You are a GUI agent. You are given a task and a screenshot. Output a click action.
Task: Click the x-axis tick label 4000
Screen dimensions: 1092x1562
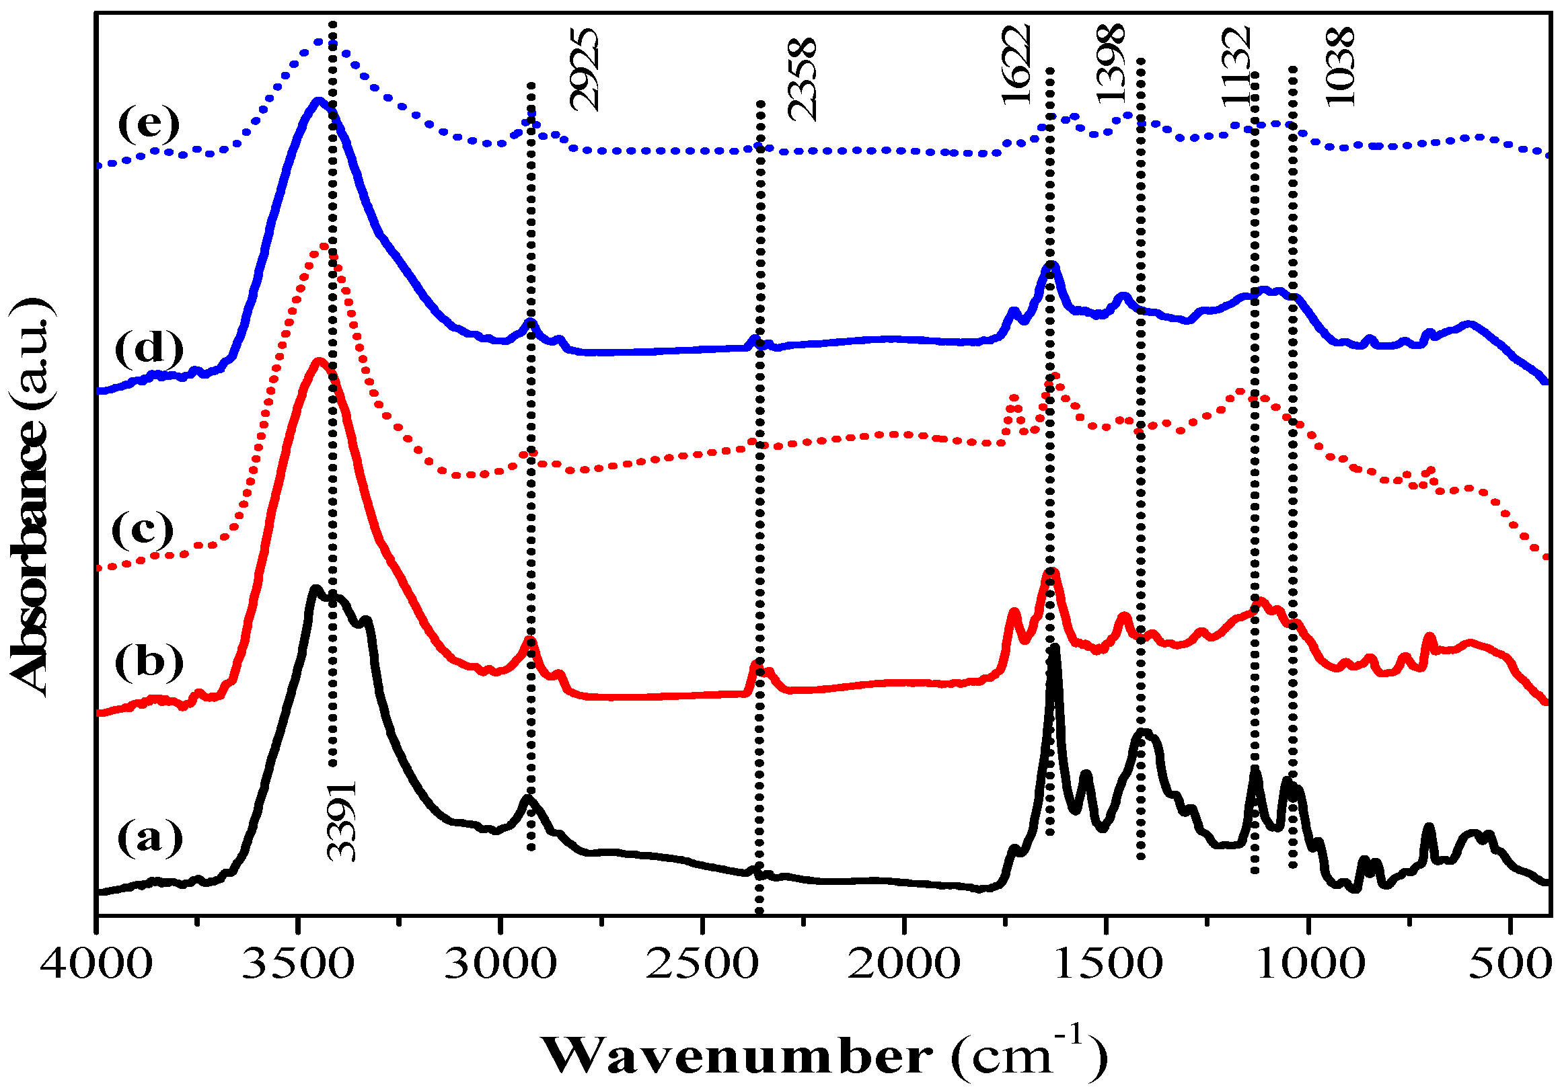pos(96,964)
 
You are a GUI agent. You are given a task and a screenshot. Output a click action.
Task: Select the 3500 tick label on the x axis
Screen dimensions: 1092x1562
pos(298,964)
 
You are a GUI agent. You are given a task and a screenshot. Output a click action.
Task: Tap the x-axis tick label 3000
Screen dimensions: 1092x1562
pos(500,964)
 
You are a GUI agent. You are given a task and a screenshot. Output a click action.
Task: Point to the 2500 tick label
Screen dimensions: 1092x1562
pos(702,964)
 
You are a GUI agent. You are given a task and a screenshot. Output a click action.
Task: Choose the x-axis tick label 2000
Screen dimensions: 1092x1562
pos(903,964)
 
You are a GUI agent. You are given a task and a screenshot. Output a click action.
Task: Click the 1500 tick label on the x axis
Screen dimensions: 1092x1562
pos(1105,964)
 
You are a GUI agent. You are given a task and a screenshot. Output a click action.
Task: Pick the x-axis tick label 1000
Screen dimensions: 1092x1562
pos(1307,964)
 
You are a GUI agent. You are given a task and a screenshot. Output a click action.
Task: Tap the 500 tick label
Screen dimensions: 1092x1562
pos(1509,964)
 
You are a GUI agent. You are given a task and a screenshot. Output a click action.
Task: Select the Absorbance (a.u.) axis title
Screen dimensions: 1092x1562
pos(31,496)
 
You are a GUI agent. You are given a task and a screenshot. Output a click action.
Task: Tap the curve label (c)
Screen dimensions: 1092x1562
pos(143,531)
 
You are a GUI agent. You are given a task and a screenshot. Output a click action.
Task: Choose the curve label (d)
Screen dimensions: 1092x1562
pos(149,350)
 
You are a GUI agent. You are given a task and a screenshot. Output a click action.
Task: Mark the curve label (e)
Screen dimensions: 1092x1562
pos(149,124)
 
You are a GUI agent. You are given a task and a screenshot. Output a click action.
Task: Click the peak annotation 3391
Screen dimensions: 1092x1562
pos(341,822)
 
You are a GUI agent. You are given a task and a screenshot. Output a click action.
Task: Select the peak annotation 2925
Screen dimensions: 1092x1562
pos(584,69)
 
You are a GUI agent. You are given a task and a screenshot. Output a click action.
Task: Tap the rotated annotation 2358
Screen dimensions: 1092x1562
pos(801,79)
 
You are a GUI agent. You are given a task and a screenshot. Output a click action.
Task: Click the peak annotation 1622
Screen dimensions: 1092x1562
pos(1016,65)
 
